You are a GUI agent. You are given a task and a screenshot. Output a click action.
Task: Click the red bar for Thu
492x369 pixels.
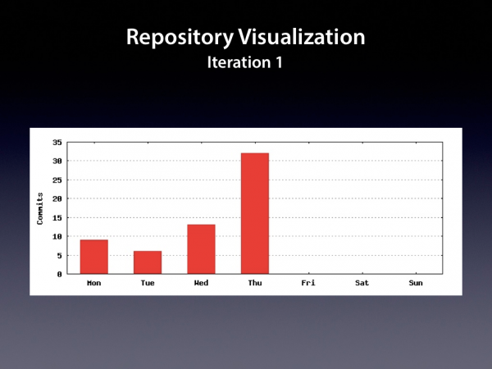pyautogui.click(x=255, y=213)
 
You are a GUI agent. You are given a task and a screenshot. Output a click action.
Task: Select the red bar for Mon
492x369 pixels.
pyautogui.click(x=94, y=257)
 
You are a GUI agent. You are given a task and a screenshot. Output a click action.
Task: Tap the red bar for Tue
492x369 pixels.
pyautogui.click(x=148, y=262)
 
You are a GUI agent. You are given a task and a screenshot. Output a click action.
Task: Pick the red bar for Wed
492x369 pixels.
pyautogui.click(x=201, y=249)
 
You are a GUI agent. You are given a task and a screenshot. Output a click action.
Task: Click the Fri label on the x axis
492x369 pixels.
pyautogui.click(x=308, y=283)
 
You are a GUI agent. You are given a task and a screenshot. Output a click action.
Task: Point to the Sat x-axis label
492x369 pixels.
pyautogui.click(x=362, y=283)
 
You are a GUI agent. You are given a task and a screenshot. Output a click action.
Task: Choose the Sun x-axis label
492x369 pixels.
pyautogui.click(x=416, y=283)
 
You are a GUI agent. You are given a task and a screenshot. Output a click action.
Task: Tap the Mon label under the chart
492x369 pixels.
pyautogui.click(x=94, y=283)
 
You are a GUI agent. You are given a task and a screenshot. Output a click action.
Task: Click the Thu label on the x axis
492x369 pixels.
pyautogui.click(x=255, y=283)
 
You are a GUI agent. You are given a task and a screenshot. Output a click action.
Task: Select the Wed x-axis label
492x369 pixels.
pyautogui.click(x=201, y=283)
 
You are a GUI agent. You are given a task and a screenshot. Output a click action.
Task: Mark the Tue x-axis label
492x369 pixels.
pyautogui.click(x=148, y=283)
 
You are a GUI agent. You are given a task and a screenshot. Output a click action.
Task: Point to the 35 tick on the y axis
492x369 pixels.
pyautogui.click(x=57, y=143)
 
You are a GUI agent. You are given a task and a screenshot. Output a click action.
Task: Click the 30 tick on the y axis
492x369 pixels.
pyautogui.click(x=57, y=161)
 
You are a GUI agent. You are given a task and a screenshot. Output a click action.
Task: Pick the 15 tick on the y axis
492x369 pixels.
pyautogui.click(x=57, y=218)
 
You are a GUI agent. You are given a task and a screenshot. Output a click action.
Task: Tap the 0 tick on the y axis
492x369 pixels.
pyautogui.click(x=60, y=274)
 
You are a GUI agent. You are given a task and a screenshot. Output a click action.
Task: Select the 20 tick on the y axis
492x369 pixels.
pyautogui.click(x=57, y=198)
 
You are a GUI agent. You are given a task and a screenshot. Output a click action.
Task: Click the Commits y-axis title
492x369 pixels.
pyautogui.click(x=40, y=208)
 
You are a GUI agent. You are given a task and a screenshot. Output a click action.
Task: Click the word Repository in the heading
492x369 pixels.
pyautogui.click(x=180, y=38)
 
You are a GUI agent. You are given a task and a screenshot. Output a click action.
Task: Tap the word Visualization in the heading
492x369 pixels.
pyautogui.click(x=302, y=37)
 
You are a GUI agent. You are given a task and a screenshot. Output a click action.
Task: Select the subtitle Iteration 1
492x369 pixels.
pyautogui.click(x=245, y=62)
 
